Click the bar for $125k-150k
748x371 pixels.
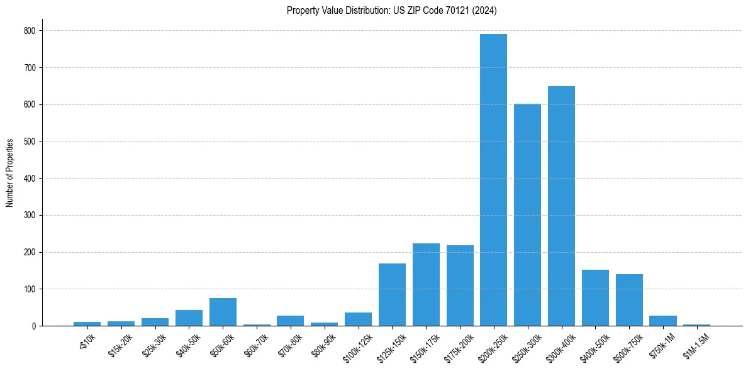(x=392, y=295)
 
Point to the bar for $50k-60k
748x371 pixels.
(x=223, y=312)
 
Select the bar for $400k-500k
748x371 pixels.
(x=595, y=298)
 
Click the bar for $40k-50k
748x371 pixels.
(x=189, y=318)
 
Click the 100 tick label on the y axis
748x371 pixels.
(x=30, y=289)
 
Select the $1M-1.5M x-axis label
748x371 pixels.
(x=695, y=346)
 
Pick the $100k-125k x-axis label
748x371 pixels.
(x=357, y=346)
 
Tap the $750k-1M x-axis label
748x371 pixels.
(x=662, y=345)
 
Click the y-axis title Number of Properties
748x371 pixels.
(x=10, y=173)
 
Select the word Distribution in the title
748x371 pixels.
(x=357, y=10)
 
